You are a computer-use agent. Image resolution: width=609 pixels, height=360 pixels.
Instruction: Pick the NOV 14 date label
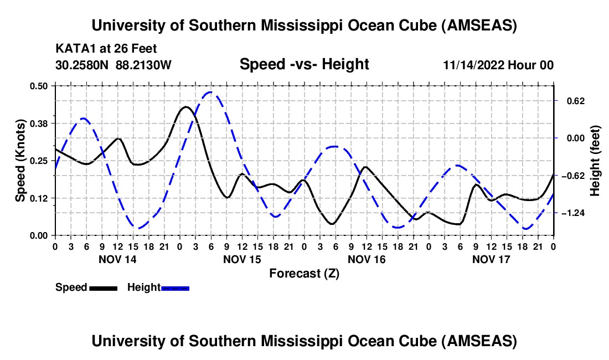click(x=117, y=259)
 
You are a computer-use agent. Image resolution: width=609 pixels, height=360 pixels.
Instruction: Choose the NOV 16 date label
click(x=367, y=259)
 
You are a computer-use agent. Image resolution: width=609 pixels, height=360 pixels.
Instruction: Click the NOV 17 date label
click(x=491, y=259)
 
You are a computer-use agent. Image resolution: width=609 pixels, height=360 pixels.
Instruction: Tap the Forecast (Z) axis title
click(x=304, y=273)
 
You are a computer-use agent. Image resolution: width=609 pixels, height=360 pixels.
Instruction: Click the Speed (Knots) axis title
click(x=20, y=161)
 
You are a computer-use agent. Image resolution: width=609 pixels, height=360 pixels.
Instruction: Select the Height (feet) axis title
click(x=595, y=161)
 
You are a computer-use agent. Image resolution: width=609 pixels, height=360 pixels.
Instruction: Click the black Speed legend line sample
click(x=103, y=287)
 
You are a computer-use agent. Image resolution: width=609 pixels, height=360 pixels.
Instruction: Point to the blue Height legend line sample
click(x=175, y=287)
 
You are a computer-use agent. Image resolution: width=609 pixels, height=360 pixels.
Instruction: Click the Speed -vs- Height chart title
click(x=304, y=65)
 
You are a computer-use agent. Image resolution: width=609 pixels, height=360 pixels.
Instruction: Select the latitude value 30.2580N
click(x=83, y=65)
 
